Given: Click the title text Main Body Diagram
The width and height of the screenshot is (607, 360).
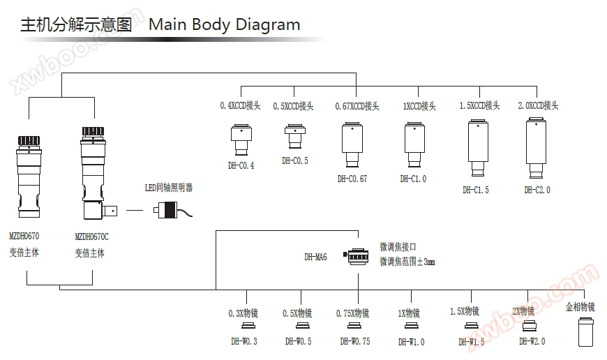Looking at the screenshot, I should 225,25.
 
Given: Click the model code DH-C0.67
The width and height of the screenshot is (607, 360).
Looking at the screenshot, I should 352,179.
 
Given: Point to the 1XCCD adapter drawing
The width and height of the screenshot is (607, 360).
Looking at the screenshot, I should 414,144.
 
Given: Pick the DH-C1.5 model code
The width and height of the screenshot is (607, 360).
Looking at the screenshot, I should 476,190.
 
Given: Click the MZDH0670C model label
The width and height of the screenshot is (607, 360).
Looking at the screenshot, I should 91,237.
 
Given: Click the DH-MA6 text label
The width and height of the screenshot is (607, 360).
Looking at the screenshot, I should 315,257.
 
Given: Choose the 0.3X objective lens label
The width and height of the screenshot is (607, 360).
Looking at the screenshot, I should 243,313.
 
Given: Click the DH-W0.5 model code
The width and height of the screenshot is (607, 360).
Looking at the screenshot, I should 299,342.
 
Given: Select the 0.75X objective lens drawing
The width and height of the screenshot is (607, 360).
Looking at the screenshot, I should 354,327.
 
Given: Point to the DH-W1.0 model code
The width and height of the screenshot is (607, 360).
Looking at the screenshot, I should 412,342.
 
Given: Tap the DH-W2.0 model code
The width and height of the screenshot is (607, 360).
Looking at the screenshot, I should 532,341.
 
